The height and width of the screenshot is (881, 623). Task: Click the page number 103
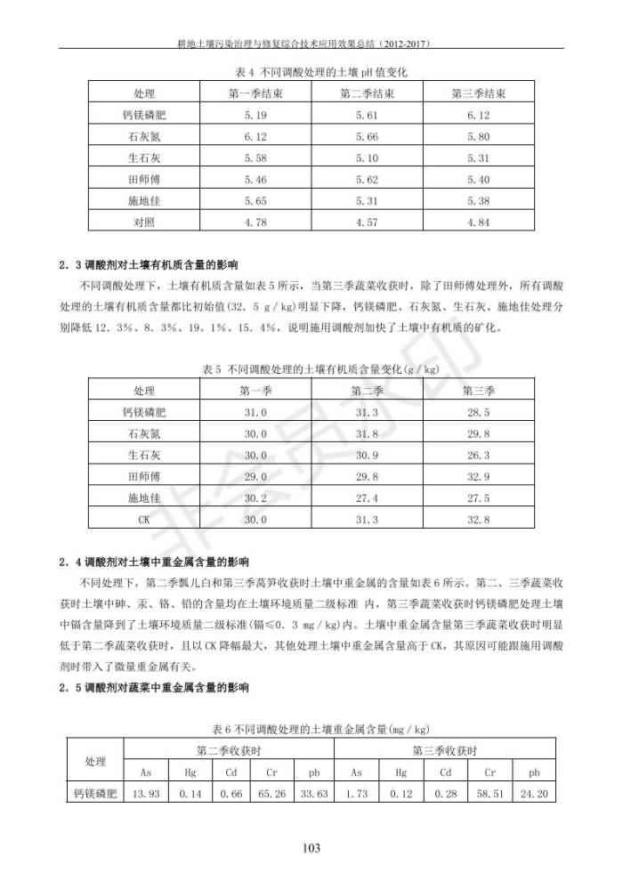point(311,847)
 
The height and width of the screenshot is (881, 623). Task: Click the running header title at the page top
point(311,41)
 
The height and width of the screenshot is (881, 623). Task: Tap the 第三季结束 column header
point(478,93)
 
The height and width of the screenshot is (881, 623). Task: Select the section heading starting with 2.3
point(154,264)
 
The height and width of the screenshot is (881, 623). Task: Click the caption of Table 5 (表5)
point(311,368)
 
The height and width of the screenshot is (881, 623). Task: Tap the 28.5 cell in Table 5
point(478,412)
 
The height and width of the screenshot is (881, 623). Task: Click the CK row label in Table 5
point(144,519)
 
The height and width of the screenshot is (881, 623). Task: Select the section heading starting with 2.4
point(154,562)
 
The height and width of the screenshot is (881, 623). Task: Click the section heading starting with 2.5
point(154,688)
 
